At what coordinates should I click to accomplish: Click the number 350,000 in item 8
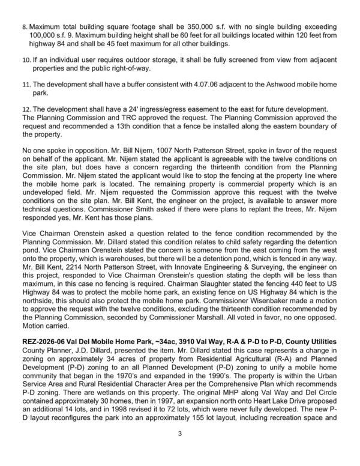tap(187, 28)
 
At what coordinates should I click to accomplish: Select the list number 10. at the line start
tap(26, 61)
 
